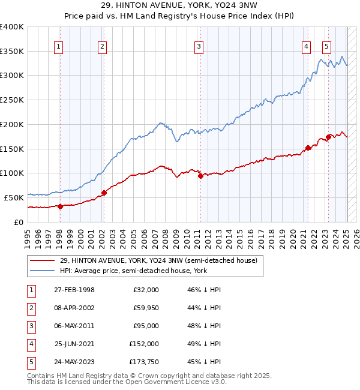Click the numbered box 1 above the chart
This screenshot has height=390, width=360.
click(59, 47)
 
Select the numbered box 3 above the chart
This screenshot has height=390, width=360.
click(199, 47)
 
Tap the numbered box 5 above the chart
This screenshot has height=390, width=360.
click(326, 47)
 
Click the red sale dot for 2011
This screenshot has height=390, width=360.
click(200, 176)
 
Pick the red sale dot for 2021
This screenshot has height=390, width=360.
click(308, 148)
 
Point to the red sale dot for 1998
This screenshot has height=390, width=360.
click(61, 206)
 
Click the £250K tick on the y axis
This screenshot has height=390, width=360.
click(11, 100)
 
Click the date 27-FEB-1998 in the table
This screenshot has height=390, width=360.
click(74, 290)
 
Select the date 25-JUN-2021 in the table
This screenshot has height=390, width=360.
click(74, 344)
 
